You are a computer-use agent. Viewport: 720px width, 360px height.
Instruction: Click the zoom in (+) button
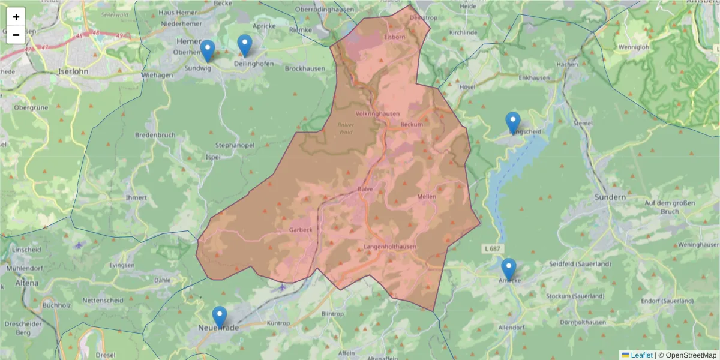click(x=16, y=17)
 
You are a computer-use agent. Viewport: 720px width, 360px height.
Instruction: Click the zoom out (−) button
click(x=16, y=35)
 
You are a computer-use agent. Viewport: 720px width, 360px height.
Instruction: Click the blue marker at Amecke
click(x=509, y=269)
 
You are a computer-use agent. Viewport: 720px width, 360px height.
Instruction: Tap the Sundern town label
click(x=610, y=197)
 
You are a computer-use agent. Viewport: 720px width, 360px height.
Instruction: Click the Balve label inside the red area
click(x=365, y=189)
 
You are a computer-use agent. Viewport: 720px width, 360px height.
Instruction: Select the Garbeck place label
click(x=301, y=230)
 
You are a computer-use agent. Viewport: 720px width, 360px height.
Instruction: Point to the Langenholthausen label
click(x=389, y=247)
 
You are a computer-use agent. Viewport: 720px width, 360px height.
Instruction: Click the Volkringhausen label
click(x=377, y=113)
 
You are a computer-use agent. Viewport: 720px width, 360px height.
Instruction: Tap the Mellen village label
click(x=427, y=197)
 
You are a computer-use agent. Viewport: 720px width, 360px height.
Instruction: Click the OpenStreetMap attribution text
click(x=687, y=355)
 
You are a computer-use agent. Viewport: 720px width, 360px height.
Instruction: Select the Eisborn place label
click(x=395, y=37)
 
